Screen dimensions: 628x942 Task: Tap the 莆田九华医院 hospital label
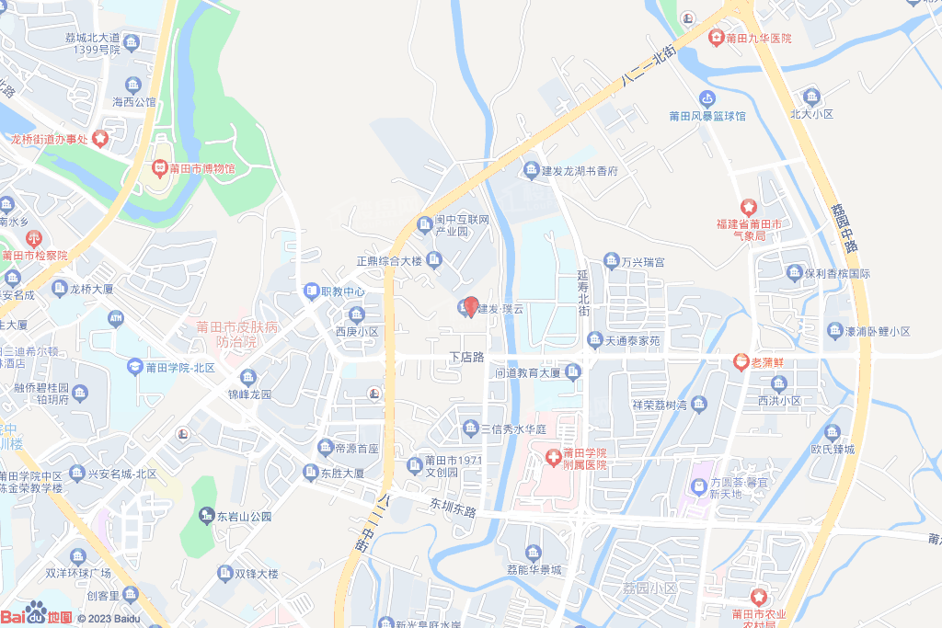[758, 39]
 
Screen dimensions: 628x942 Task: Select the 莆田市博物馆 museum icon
[159, 169]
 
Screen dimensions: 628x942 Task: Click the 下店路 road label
[466, 357]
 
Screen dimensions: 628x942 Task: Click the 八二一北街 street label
[649, 68]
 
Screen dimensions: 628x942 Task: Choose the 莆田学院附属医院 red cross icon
[553, 457]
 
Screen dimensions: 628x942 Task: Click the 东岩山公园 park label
[244, 517]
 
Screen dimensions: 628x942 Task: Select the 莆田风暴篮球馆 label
[707, 117]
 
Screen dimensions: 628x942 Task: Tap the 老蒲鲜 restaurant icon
[741, 361]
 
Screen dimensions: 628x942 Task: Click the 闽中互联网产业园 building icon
[424, 223]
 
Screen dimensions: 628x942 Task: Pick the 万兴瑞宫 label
[642, 263]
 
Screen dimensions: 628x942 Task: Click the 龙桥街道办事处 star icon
[99, 139]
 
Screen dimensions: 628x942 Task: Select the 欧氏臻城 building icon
[833, 432]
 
